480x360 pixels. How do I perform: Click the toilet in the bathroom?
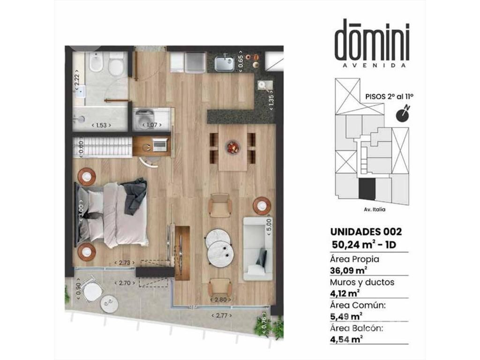click(x=116, y=64)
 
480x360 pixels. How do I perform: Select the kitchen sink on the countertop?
click(x=225, y=63)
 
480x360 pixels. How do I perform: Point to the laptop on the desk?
click(x=160, y=144)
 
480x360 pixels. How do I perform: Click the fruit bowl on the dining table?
click(x=233, y=147)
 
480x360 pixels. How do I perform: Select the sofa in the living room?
click(x=257, y=249)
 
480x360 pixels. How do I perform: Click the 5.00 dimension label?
click(x=269, y=226)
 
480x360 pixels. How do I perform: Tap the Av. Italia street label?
click(x=375, y=210)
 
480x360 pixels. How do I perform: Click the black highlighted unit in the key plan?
click(x=367, y=190)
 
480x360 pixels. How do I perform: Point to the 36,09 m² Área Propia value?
click(x=348, y=270)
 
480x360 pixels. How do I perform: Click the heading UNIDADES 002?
click(x=366, y=232)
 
